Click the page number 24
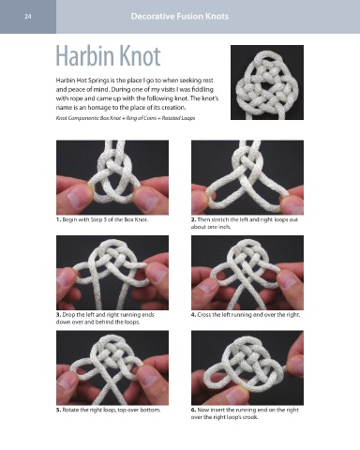[x=28, y=17]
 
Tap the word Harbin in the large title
[x=85, y=56]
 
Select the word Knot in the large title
[x=141, y=56]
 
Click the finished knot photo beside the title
[x=267, y=82]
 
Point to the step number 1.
[x=58, y=219]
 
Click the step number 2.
[x=193, y=219]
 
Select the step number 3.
[x=58, y=315]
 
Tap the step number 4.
[x=193, y=315]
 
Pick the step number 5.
[x=58, y=410]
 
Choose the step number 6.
[x=193, y=410]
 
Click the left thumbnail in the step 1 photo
[x=76, y=199]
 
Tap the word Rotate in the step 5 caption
[x=69, y=410]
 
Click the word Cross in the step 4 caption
[x=203, y=315]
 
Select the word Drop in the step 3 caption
[x=68, y=315]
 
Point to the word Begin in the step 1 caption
[x=69, y=219]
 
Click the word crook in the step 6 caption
[x=250, y=417]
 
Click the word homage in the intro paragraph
[x=97, y=108]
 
